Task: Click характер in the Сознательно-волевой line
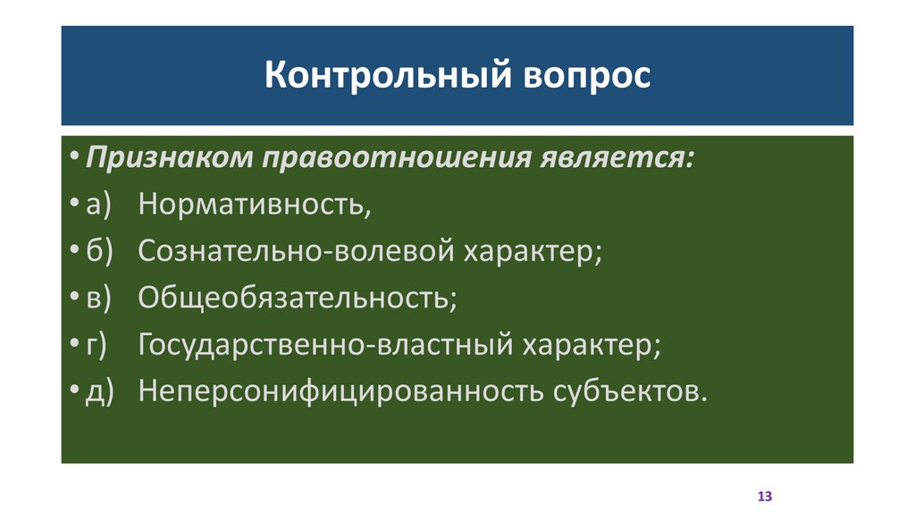tap(531, 252)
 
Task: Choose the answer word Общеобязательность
tap(297, 298)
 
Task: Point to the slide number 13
tap(764, 495)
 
